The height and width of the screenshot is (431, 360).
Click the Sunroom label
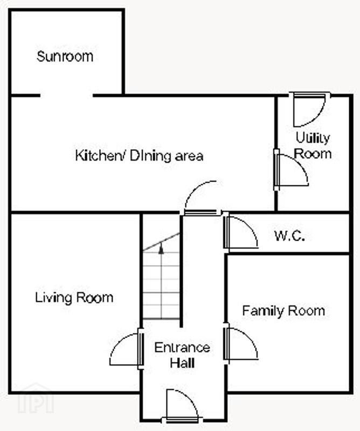pyautogui.click(x=65, y=57)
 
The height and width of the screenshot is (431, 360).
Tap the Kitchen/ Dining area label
pyautogui.click(x=139, y=156)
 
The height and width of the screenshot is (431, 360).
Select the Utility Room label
pyautogui.click(x=313, y=145)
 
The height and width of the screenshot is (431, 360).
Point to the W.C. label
pyautogui.click(x=289, y=236)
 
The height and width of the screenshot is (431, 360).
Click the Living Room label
pyautogui.click(x=74, y=298)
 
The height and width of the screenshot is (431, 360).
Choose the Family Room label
pyautogui.click(x=283, y=311)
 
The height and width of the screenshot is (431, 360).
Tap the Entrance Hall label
pyautogui.click(x=182, y=355)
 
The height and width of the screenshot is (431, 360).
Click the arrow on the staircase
pyautogui.click(x=161, y=248)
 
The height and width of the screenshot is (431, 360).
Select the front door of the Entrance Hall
pyautogui.click(x=182, y=407)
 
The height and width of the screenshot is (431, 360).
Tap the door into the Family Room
pyautogui.click(x=241, y=344)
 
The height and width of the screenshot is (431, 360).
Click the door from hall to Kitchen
pyautogui.click(x=202, y=198)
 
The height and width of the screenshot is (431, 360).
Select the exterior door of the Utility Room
pyautogui.click(x=310, y=109)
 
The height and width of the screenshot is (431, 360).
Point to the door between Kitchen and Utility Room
pyautogui.click(x=291, y=170)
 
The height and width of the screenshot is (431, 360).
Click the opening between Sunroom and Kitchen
pyautogui.click(x=66, y=96)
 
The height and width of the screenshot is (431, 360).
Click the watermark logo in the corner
pyautogui.click(x=36, y=398)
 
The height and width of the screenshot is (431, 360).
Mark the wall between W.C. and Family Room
pyautogui.click(x=287, y=253)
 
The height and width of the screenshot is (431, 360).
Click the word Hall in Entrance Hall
pyautogui.click(x=182, y=363)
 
